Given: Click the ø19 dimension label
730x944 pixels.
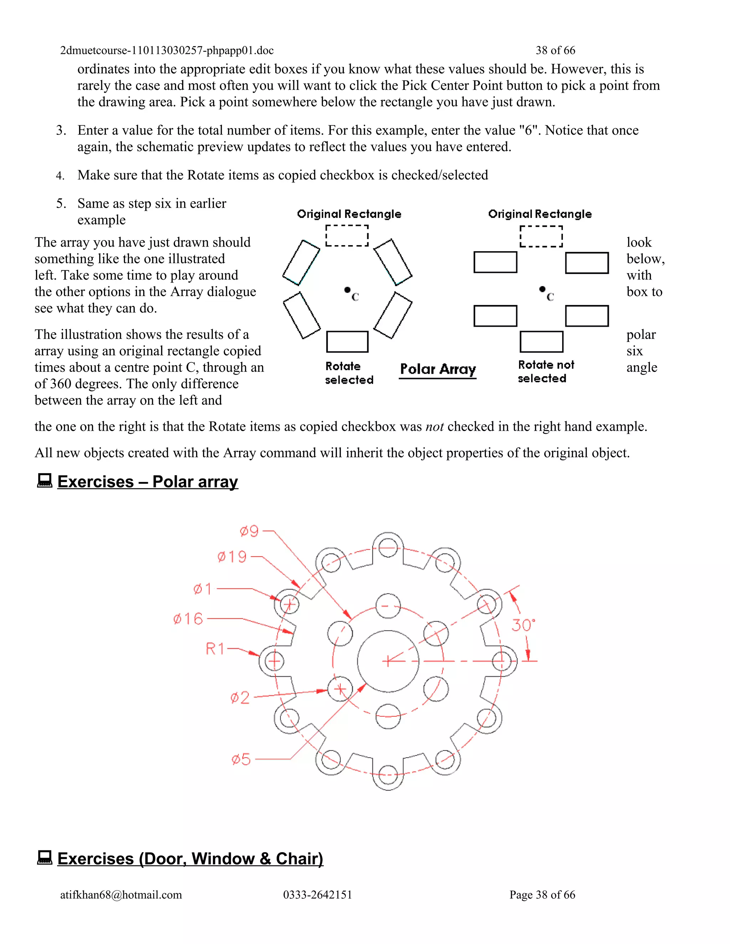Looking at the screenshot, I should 232,557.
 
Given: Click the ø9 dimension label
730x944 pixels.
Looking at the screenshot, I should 249,531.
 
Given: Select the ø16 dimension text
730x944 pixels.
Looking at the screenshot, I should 188,619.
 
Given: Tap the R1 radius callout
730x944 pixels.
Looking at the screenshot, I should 215,649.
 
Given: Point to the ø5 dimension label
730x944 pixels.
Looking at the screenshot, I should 241,759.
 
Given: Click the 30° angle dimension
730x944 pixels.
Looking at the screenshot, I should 523,625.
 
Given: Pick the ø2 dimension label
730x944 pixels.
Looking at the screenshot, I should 240,697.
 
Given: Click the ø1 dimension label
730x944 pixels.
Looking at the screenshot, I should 202,589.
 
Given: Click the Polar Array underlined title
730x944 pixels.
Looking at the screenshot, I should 438,369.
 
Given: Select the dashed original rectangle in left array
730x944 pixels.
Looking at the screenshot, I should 347,235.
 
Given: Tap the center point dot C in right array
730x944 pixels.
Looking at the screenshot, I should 542,289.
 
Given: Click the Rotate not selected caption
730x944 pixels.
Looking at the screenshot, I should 545,372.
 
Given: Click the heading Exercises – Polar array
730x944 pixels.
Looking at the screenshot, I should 148,482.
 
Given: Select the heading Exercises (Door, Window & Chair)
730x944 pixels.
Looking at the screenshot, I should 190,859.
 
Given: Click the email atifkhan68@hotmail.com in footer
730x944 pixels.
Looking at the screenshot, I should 121,895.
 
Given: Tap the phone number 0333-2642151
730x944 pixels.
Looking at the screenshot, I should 318,895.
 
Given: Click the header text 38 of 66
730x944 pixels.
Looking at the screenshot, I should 555,51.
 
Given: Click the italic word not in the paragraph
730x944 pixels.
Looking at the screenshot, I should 434,427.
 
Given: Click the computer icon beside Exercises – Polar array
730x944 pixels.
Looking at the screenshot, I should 44,481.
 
